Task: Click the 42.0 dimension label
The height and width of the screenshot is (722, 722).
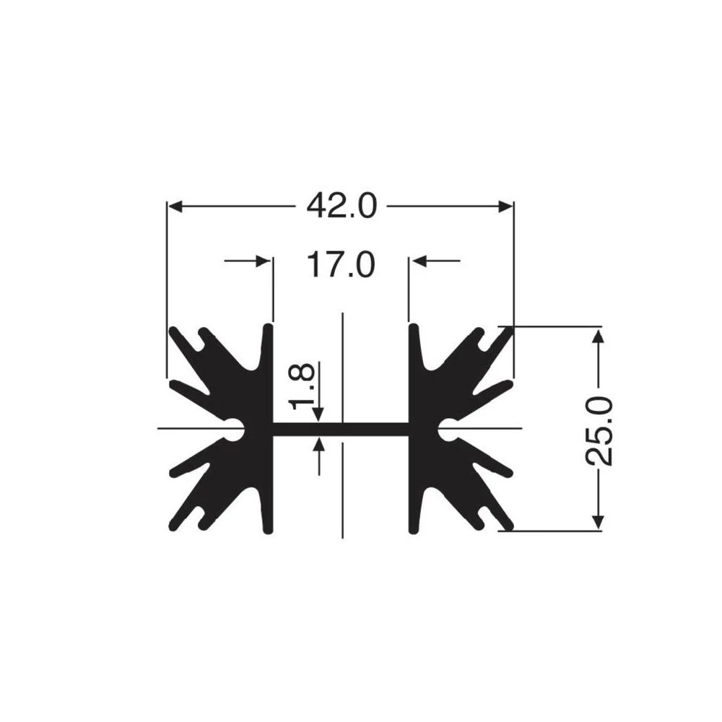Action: pyautogui.click(x=342, y=206)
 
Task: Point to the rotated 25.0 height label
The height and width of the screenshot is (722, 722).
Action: pyautogui.click(x=599, y=430)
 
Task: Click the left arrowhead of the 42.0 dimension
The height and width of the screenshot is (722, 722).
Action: pyautogui.click(x=175, y=206)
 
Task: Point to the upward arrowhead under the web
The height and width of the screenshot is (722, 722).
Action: pyautogui.click(x=318, y=443)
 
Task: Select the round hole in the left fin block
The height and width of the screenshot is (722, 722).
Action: pyautogui.click(x=235, y=429)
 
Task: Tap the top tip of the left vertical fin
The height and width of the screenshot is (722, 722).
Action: pyautogui.click(x=269, y=329)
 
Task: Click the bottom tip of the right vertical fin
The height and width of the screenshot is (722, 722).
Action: pyautogui.click(x=414, y=531)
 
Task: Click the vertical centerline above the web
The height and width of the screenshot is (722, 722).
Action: pyautogui.click(x=342, y=361)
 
